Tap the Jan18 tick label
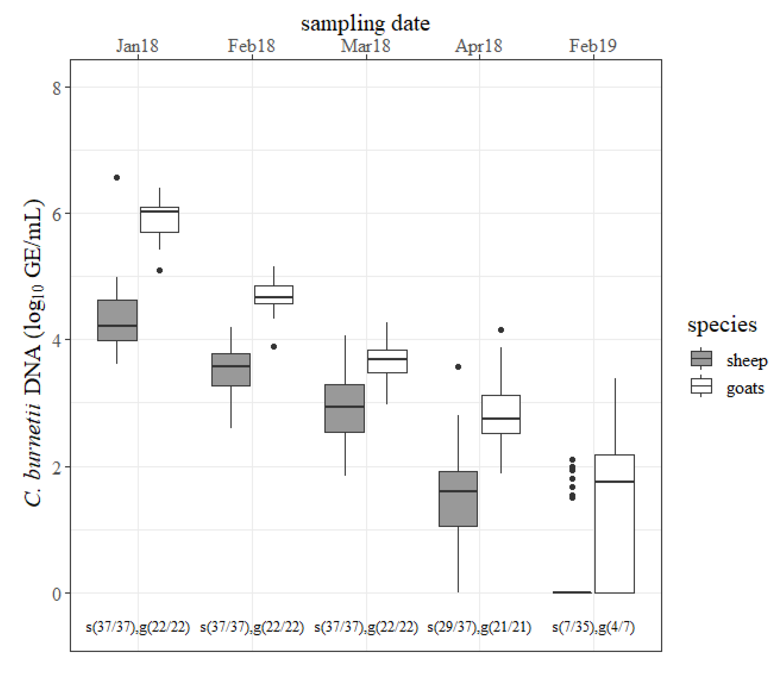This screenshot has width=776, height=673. [137, 46]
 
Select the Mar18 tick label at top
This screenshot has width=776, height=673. [366, 46]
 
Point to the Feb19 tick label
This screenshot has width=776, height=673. [593, 46]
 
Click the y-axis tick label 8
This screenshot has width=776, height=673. [56, 88]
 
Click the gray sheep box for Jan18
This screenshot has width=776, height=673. [117, 320]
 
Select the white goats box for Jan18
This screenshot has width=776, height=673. [160, 220]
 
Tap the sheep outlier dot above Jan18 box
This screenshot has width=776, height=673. [117, 178]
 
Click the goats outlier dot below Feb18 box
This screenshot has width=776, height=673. [274, 347]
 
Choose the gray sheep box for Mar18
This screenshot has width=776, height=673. [344, 408]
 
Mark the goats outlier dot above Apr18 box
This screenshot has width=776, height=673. [501, 330]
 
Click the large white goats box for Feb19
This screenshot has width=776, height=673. [615, 524]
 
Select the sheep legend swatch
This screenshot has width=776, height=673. [701, 359]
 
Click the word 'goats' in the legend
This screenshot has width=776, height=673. [745, 388]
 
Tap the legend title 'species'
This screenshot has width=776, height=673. [722, 325]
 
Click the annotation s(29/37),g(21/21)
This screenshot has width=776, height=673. [479, 627]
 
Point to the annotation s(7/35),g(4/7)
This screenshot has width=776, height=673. [593, 627]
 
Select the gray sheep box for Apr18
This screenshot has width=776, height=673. [458, 499]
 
